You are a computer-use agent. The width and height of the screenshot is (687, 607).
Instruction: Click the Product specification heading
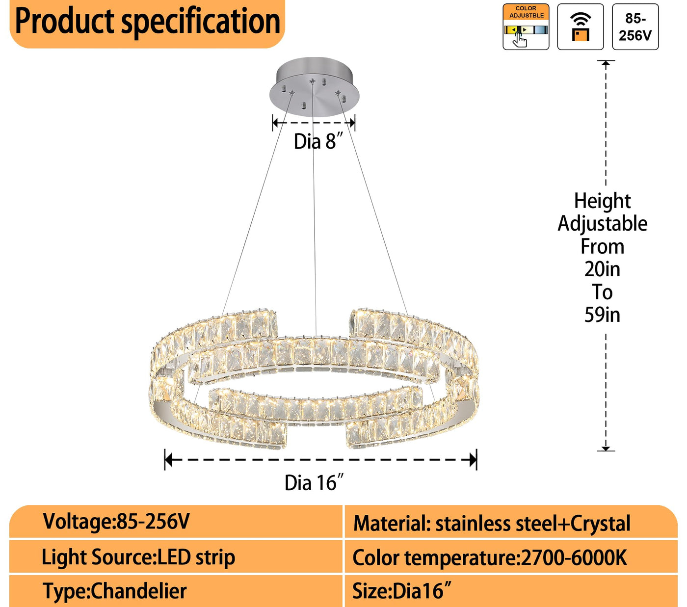point(147,22)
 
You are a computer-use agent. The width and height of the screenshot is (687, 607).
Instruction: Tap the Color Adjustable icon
point(526,27)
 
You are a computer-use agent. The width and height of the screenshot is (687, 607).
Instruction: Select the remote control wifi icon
point(580,27)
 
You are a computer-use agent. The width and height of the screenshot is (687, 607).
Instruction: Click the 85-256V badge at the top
point(635,27)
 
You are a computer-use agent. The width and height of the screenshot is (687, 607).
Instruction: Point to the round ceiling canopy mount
point(314,83)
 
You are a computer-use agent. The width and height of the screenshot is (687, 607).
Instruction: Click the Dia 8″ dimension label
point(317,142)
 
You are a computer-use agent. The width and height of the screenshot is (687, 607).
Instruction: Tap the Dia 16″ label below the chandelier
point(314,483)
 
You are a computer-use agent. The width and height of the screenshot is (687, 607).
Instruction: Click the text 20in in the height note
point(602,269)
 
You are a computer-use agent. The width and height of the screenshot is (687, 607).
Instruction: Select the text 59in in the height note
point(602,315)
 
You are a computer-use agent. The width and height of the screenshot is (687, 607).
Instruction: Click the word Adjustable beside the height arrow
point(602,224)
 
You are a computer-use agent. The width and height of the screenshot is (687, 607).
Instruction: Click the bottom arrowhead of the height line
point(606,448)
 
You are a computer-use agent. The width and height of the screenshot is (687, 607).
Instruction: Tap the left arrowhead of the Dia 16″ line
point(168,460)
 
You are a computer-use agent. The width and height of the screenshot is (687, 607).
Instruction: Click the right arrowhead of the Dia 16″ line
point(473,460)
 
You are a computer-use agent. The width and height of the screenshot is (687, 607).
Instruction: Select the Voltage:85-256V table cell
point(116,522)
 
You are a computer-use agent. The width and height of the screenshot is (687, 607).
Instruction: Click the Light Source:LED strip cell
point(138,557)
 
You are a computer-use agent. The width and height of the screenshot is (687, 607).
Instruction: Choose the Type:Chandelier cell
point(114,591)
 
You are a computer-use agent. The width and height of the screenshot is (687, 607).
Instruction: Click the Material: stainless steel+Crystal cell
point(492,524)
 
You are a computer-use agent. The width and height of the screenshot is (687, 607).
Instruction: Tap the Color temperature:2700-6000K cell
point(489,558)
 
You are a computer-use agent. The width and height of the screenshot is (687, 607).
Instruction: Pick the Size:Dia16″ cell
point(401,591)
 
